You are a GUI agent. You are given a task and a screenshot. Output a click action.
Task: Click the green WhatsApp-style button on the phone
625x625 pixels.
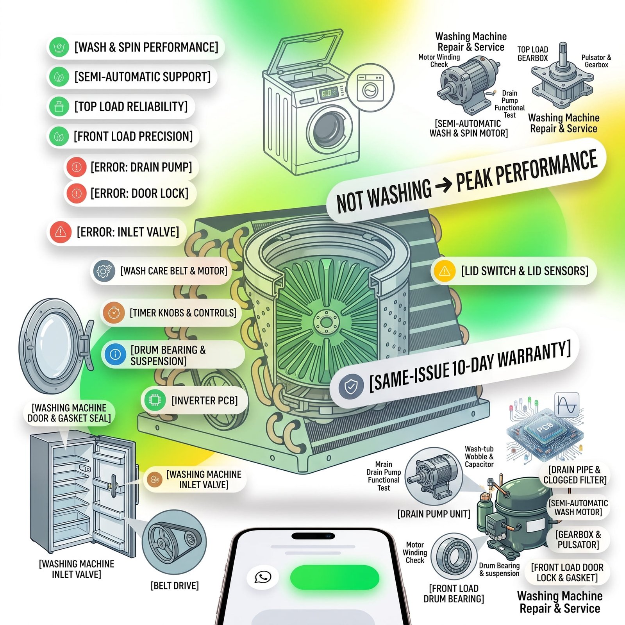(335, 577)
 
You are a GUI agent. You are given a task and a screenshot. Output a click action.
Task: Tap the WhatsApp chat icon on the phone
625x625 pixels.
(263, 577)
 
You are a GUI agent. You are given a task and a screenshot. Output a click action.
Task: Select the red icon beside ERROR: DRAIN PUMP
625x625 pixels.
(77, 167)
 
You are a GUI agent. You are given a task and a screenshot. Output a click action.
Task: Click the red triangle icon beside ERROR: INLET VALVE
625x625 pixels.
(60, 232)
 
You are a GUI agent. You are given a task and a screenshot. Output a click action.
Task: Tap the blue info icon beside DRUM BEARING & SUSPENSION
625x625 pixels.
(115, 354)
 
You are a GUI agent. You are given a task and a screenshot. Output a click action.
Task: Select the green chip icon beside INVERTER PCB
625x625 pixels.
(155, 400)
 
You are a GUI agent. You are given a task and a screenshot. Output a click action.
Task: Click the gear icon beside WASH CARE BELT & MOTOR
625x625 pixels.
(104, 271)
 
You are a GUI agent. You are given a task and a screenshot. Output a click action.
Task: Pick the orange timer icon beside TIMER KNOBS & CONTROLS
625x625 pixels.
(114, 313)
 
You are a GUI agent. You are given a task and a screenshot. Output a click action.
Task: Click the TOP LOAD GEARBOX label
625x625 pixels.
(533, 54)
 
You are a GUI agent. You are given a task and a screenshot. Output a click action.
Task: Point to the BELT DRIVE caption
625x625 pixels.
(175, 586)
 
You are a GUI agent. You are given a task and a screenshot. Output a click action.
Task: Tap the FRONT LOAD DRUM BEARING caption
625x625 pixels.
(454, 593)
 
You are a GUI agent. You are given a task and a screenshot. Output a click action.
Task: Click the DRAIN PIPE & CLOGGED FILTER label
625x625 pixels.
(575, 475)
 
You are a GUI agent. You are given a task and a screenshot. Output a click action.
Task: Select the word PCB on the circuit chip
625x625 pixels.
(545, 427)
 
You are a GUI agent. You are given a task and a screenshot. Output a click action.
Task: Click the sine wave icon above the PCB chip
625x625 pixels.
(567, 405)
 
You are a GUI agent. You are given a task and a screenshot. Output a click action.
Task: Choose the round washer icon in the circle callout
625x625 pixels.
(370, 88)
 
